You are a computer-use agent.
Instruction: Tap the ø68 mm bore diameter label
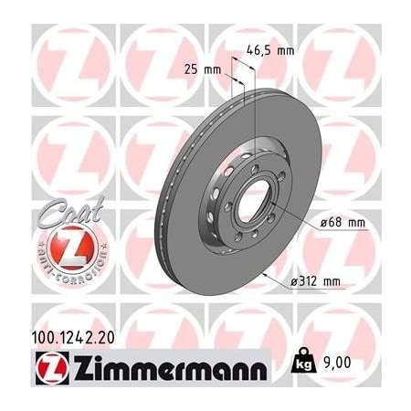coord(342,221)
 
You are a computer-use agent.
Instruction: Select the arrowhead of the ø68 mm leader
coord(277,208)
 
